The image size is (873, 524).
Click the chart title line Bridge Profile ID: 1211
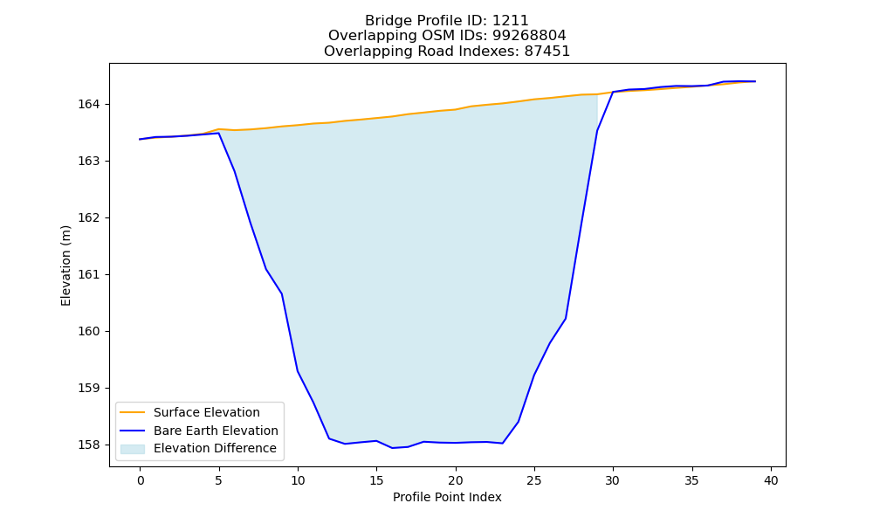(446, 21)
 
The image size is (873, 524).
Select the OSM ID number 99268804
(529, 36)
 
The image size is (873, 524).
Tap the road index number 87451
(546, 52)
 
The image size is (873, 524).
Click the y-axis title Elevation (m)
(65, 265)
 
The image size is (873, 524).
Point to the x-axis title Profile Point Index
(447, 497)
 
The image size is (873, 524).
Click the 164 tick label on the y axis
(88, 104)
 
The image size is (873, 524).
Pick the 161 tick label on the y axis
(88, 274)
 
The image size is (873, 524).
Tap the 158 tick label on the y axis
(88, 445)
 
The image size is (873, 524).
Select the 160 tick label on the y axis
(88, 331)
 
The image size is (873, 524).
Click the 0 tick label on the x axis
(140, 480)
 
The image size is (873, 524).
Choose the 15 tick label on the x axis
(376, 480)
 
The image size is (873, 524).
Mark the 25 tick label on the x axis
(534, 480)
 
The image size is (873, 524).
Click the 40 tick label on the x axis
(771, 480)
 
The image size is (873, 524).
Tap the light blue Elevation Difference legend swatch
(133, 449)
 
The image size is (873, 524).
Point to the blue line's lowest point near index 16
(392, 448)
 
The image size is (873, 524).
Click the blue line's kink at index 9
(282, 293)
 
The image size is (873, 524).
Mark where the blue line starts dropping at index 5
(219, 133)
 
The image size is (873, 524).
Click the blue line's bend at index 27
(566, 319)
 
